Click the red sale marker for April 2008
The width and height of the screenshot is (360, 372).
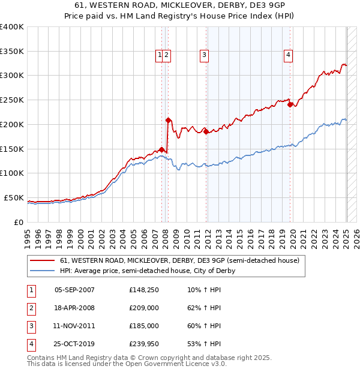click(169, 120)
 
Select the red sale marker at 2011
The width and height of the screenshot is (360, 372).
click(206, 131)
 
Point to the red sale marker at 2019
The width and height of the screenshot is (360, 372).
click(290, 104)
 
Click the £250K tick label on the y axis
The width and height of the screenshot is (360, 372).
click(13, 100)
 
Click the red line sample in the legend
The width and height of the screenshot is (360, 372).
click(42, 261)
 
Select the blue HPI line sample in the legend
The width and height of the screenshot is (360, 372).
click(42, 271)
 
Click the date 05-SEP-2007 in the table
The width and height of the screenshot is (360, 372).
click(74, 290)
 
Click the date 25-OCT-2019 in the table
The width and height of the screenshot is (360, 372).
click(74, 344)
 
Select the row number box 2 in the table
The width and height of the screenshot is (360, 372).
click(31, 308)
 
